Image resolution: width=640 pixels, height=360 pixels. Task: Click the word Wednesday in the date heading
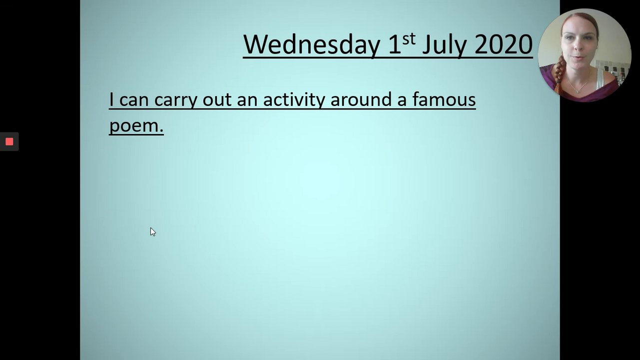coord(312,44)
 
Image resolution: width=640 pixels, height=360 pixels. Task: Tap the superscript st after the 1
coord(409,39)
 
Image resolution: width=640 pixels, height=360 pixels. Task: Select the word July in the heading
coord(445,45)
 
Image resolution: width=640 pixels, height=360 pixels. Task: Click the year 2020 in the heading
coord(504,44)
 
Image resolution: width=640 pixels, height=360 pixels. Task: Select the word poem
coord(136,126)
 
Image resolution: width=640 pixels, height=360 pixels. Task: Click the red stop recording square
coord(9,141)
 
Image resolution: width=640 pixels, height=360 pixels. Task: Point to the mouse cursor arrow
coord(153,232)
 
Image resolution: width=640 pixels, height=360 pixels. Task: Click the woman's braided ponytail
coord(558,72)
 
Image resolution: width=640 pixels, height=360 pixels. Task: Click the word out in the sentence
coord(217,99)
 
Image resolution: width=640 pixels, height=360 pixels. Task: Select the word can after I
coord(134,100)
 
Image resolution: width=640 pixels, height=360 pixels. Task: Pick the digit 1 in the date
coord(395,44)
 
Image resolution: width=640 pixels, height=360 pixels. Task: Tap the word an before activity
coord(247,100)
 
